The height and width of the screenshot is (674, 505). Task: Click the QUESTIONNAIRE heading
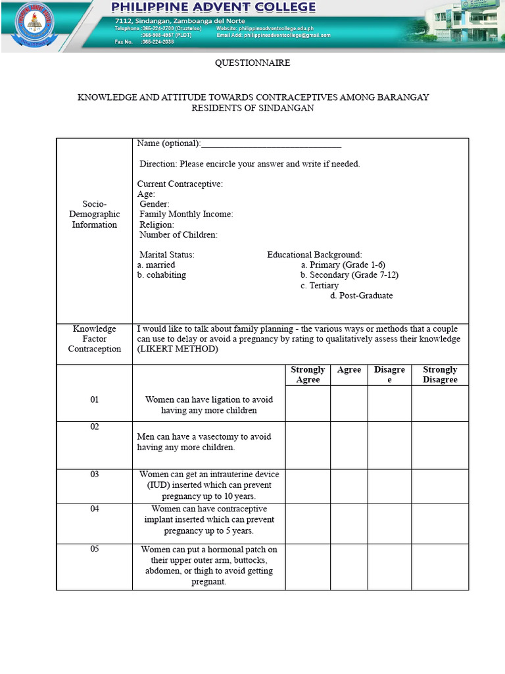[x=252, y=63]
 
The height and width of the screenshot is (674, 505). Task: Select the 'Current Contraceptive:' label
[x=180, y=184]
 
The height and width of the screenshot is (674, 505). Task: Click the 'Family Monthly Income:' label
[x=186, y=214]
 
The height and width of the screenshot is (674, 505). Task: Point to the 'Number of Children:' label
[x=178, y=234]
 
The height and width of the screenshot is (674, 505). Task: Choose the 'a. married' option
[x=156, y=265]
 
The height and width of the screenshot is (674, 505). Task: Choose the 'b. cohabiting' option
[x=161, y=275]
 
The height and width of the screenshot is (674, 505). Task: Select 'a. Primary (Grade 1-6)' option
[x=343, y=265]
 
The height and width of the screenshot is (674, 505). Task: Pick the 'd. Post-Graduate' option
[x=361, y=296]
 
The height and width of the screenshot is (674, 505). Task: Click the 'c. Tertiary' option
[x=320, y=286]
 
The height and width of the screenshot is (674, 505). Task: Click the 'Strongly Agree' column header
[x=308, y=375]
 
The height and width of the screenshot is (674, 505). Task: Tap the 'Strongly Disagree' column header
[x=440, y=375]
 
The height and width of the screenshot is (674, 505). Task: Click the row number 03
[x=94, y=475]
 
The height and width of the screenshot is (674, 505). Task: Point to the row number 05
[x=94, y=550]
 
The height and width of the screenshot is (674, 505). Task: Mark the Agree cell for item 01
[x=349, y=403]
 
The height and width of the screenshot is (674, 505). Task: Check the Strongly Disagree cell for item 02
[x=440, y=445]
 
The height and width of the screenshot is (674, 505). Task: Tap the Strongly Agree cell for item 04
[x=308, y=524]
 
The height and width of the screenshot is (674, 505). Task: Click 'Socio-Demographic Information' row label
[x=94, y=215]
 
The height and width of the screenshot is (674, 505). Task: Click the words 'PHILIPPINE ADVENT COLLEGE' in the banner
[x=214, y=8]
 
